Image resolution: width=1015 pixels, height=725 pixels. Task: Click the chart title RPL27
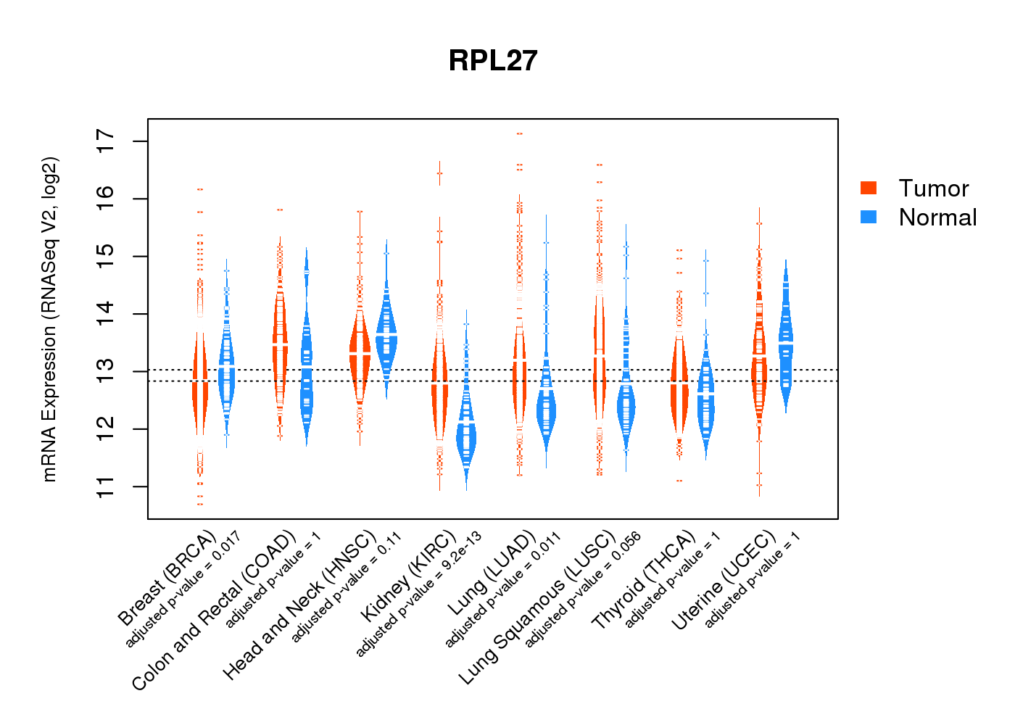pos(493,61)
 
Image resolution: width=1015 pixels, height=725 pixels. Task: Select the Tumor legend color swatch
pos(869,188)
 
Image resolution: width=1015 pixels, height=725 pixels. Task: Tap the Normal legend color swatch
pos(869,217)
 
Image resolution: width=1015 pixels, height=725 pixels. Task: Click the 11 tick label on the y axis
pos(106,486)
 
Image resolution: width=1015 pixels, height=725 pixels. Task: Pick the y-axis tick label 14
pos(106,314)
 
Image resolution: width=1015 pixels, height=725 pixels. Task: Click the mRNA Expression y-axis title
pos(49,319)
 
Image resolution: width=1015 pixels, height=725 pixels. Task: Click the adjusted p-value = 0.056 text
pos(583,589)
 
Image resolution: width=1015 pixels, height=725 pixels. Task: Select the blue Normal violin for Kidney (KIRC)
pos(466,435)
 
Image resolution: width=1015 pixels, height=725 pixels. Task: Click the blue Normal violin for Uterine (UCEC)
pos(785,341)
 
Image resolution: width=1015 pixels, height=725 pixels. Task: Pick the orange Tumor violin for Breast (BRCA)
pos(200,384)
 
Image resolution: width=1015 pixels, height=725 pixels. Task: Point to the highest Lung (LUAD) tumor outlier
pos(519,134)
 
